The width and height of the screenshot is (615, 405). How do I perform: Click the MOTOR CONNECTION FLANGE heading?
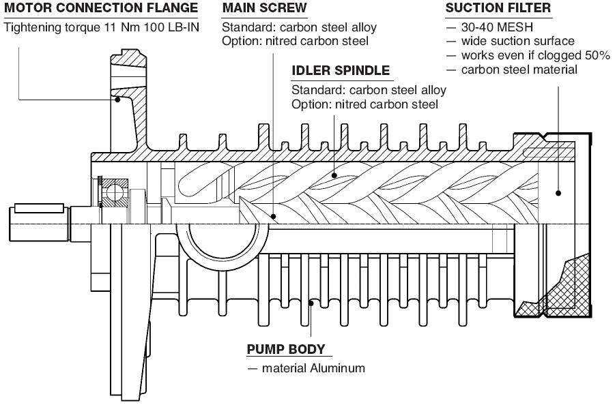coord(102,9)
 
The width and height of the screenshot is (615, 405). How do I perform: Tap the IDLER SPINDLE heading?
coord(341,70)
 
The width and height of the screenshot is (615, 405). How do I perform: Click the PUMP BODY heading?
coord(285,349)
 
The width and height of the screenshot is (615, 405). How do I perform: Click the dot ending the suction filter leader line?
coord(558,193)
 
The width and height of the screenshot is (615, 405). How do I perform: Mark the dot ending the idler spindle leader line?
coord(334,175)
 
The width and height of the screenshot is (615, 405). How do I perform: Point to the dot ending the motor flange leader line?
coord(118,100)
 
